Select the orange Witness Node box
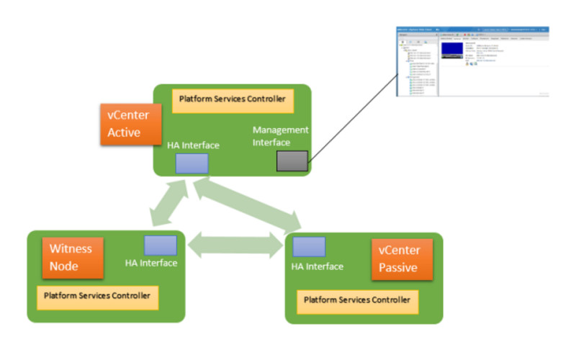tap(72, 257)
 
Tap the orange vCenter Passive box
tap(402, 259)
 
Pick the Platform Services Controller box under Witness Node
tap(97, 297)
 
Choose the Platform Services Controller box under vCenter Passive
tap(357, 300)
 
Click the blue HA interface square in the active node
tap(192, 163)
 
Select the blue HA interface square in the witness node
tap(160, 246)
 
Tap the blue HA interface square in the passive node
tap(309, 247)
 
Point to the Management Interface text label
tap(280, 136)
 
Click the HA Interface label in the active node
tap(194, 145)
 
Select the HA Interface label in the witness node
tap(151, 264)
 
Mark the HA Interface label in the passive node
tap(317, 266)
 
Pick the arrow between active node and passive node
tap(248, 204)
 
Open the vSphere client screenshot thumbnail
tap(473, 62)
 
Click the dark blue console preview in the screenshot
tap(451, 49)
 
